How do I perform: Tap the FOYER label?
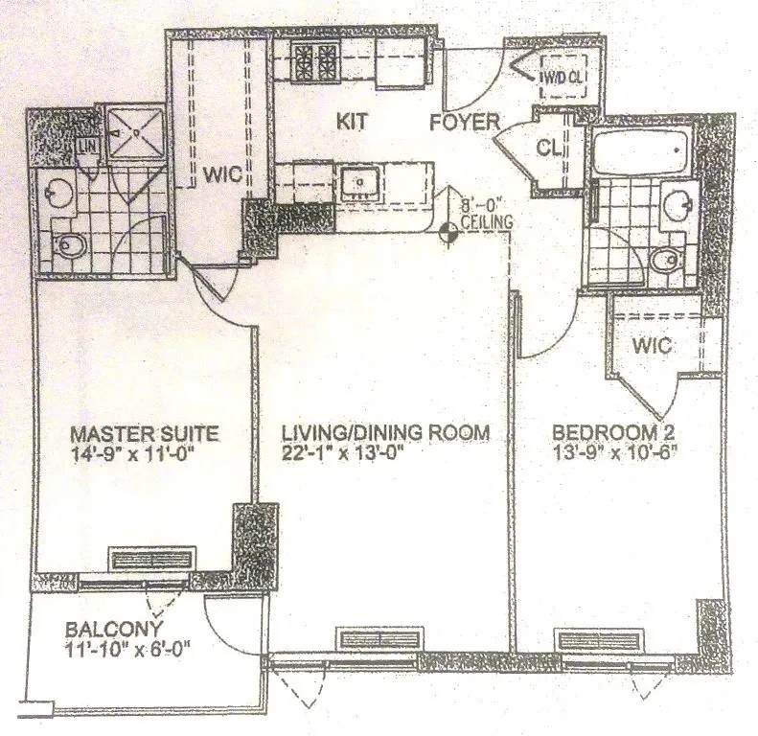465,123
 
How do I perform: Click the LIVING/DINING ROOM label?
387,432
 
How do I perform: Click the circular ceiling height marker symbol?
448,231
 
